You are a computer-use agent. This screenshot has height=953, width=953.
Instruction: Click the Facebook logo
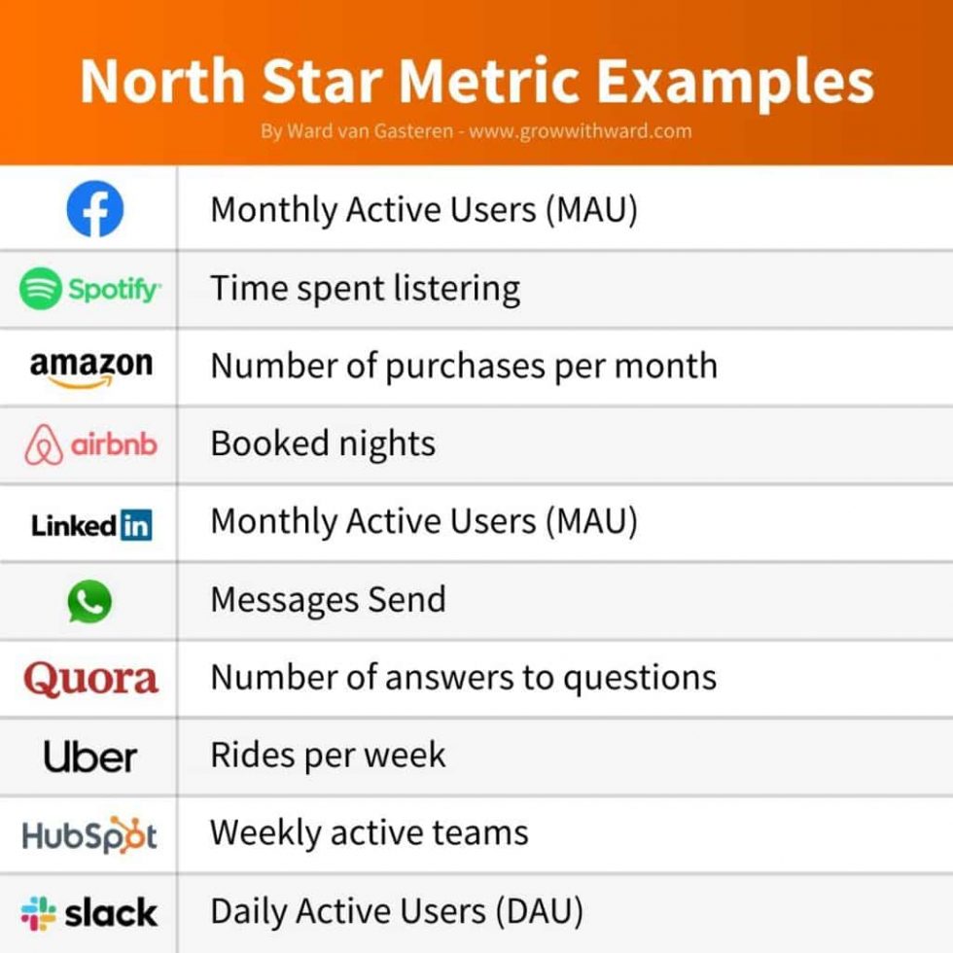tap(94, 210)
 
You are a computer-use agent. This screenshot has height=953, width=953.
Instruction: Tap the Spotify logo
tap(89, 289)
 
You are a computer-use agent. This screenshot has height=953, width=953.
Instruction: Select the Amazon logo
tap(90, 368)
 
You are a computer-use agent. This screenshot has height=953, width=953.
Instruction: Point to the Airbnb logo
tap(89, 444)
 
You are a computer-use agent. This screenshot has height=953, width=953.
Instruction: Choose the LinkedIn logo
tap(90, 525)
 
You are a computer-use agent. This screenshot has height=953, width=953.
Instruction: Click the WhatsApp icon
tap(89, 602)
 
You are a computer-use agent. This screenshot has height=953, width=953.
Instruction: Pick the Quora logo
tap(90, 678)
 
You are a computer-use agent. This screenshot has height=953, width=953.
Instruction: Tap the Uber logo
tap(90, 756)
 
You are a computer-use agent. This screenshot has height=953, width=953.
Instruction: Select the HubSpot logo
tap(89, 834)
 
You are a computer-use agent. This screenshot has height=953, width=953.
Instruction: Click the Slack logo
tap(89, 912)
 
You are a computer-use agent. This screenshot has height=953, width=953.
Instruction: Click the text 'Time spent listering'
tap(365, 289)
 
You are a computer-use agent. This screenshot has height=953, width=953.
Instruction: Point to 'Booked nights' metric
tap(323, 444)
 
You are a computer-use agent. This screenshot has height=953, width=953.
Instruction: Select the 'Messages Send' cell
tap(328, 600)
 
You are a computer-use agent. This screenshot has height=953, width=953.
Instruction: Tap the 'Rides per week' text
tap(328, 756)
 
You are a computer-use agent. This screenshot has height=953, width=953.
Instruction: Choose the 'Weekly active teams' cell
tap(369, 833)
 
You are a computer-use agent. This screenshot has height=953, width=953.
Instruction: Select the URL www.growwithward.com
tap(581, 130)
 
